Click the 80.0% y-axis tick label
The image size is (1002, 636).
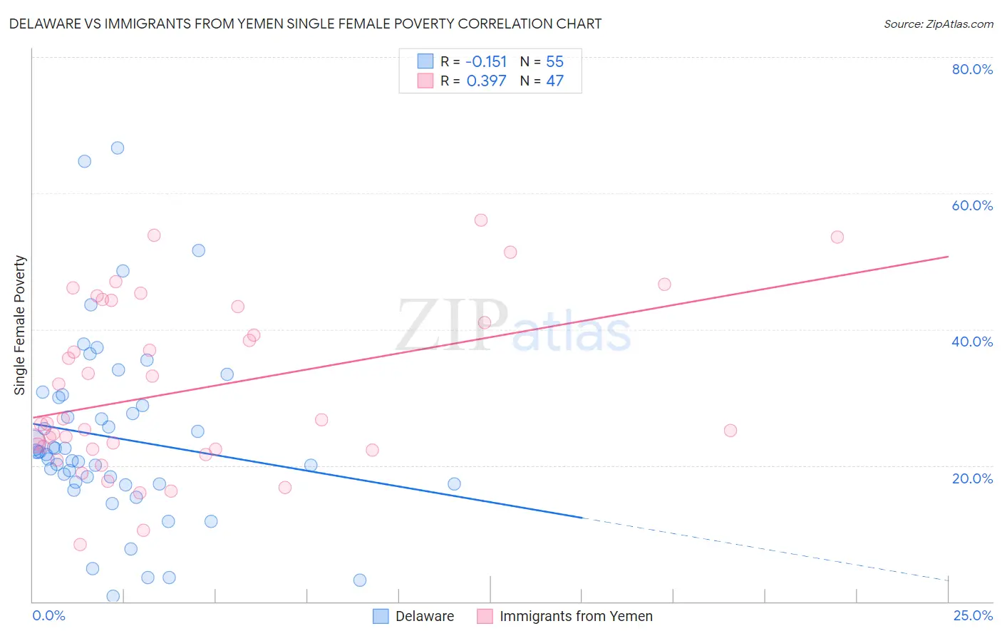[x=972, y=69]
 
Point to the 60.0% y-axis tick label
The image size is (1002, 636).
[x=972, y=205]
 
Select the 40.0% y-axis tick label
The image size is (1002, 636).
[x=972, y=342]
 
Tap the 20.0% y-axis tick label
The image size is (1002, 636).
[x=972, y=478]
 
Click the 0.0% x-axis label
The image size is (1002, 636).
[x=48, y=615]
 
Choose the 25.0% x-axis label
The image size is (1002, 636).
[x=973, y=615]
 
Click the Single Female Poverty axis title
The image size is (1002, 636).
[x=20, y=325]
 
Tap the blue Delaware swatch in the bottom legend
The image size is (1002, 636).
[x=381, y=616]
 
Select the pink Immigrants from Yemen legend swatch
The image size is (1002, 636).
[x=485, y=616]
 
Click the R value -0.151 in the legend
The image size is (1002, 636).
[x=486, y=62]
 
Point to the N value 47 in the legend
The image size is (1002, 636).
[x=554, y=81]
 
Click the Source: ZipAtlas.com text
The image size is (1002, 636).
[x=938, y=24]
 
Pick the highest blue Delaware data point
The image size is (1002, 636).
[x=118, y=148]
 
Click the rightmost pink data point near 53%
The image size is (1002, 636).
[x=837, y=237]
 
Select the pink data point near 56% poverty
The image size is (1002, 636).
[x=481, y=220]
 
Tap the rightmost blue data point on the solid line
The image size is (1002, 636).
[x=454, y=484]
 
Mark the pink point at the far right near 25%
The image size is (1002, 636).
[x=730, y=431]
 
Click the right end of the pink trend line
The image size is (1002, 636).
[x=948, y=256]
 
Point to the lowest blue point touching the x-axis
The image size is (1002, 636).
[x=113, y=596]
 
